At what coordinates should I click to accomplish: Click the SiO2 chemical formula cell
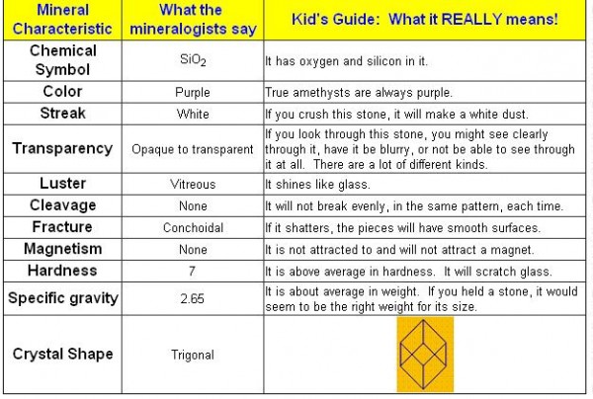point(193,60)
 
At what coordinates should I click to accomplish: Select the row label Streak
point(63,114)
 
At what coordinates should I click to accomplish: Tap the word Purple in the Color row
point(193,92)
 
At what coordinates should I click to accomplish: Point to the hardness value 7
point(192,271)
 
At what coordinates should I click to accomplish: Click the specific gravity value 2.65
point(192,298)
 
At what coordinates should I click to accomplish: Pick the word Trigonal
point(193,355)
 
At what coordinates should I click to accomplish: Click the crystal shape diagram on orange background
point(425,354)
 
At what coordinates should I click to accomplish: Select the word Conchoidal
point(193,227)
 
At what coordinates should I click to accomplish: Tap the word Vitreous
point(193,184)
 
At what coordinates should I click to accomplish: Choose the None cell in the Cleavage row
point(193,206)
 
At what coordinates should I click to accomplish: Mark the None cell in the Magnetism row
point(193,249)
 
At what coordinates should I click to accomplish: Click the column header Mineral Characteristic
point(62,20)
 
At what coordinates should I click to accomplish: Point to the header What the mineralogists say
point(193,20)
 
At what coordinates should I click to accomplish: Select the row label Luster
point(63,184)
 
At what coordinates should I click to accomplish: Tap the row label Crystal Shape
point(63,354)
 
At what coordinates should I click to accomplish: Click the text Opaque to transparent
point(193,149)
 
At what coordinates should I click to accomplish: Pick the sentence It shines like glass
point(317,184)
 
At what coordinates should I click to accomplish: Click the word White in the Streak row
point(193,114)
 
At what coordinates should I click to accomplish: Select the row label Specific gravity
point(63,298)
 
